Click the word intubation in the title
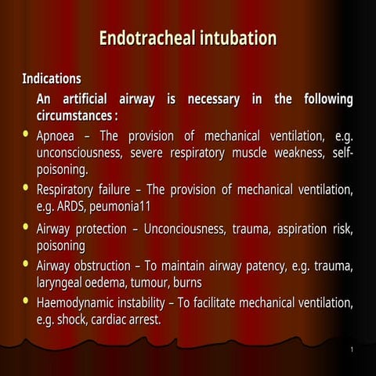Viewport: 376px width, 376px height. tap(236, 38)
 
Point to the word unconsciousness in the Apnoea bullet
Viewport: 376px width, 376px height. tap(79, 153)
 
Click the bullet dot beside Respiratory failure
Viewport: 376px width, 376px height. tap(27, 189)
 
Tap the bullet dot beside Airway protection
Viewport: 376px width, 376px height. tap(27, 229)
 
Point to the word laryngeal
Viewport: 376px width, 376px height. tap(66, 282)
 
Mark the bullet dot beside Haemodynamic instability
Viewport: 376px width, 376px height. tap(27, 302)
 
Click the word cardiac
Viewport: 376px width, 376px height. tap(115, 320)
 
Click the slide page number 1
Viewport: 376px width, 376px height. tap(352, 349)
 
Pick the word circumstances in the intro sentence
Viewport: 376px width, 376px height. tap(74, 116)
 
